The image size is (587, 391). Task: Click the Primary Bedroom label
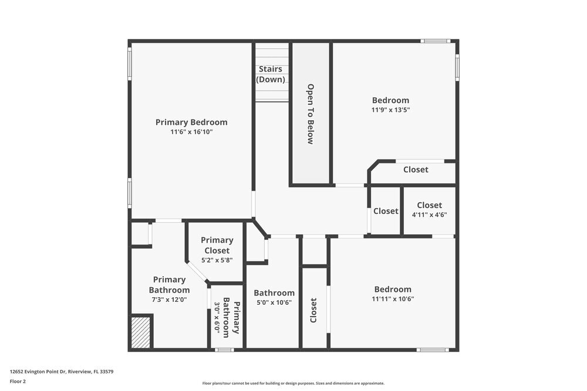click(191, 122)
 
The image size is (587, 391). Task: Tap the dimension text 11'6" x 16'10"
click(191, 132)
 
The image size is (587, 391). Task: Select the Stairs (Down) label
click(271, 74)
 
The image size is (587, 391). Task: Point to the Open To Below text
click(311, 114)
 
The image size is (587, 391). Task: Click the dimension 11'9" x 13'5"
click(390, 110)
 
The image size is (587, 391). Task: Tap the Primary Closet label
click(217, 245)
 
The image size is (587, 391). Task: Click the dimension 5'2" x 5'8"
click(217, 260)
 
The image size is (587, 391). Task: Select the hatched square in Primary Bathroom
click(141, 332)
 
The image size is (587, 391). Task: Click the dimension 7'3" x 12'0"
click(169, 299)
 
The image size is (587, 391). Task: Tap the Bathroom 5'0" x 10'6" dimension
click(274, 302)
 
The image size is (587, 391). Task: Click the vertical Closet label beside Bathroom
click(313, 310)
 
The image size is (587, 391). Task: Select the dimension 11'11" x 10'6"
click(393, 298)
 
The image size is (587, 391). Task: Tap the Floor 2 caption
click(18, 381)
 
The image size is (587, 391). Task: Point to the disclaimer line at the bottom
click(293, 383)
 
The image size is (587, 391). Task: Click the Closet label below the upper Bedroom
click(416, 169)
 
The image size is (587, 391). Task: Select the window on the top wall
click(436, 41)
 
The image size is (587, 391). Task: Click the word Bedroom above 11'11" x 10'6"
click(393, 289)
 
